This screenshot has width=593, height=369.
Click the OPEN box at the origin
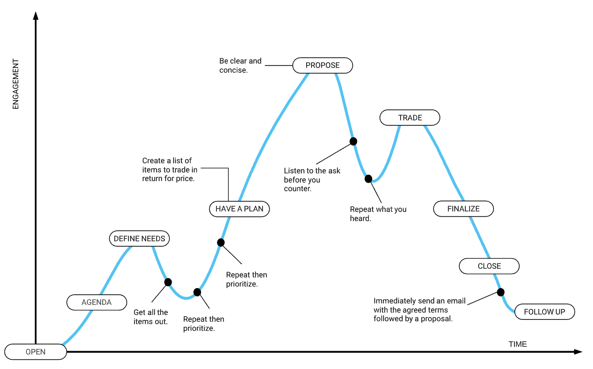click(36, 352)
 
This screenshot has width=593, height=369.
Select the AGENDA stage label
click(96, 302)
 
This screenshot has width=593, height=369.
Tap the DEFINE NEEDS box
click(139, 238)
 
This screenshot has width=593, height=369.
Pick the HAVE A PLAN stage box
click(239, 209)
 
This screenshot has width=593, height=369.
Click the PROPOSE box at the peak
click(323, 66)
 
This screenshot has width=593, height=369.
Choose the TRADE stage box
click(410, 118)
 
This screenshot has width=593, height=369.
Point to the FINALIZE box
click(463, 209)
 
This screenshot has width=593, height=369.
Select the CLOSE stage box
click(489, 266)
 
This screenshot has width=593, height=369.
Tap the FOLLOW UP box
click(545, 312)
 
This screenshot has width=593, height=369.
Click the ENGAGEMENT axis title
click(15, 84)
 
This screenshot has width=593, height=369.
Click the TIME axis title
click(518, 344)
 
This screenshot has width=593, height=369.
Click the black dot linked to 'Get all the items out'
click(168, 282)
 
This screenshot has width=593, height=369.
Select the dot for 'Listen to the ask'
click(353, 141)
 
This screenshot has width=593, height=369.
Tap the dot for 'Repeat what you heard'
click(368, 179)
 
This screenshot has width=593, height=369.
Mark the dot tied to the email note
click(500, 292)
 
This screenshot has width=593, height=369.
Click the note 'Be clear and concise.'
click(240, 66)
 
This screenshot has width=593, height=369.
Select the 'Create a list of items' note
click(170, 170)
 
